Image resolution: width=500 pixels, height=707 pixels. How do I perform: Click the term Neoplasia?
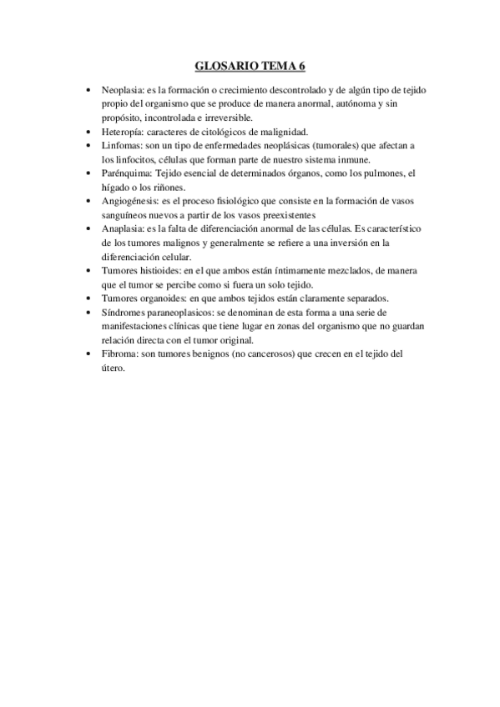point(123,89)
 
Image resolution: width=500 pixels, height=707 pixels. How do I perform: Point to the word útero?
point(112,368)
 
